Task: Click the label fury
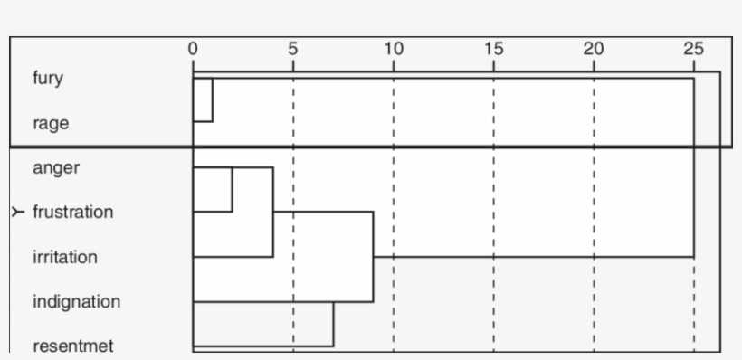pyautogui.click(x=48, y=78)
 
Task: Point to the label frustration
pyautogui.click(x=72, y=212)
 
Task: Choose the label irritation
pyautogui.click(x=63, y=257)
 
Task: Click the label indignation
pyautogui.click(x=76, y=301)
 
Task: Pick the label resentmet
pyautogui.click(x=72, y=346)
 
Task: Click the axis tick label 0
pyautogui.click(x=193, y=49)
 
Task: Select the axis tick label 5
pyautogui.click(x=293, y=49)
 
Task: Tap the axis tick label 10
pyautogui.click(x=394, y=49)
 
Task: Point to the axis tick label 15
pyautogui.click(x=494, y=49)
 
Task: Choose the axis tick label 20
pyautogui.click(x=594, y=49)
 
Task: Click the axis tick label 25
pyautogui.click(x=694, y=49)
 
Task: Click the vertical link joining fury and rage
pyautogui.click(x=212, y=99)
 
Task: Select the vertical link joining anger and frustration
pyautogui.click(x=233, y=189)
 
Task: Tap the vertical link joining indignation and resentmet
pyautogui.click(x=333, y=324)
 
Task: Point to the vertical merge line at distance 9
pyautogui.click(x=373, y=257)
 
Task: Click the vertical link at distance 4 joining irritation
pyautogui.click(x=273, y=212)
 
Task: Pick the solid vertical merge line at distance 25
pyautogui.click(x=693, y=167)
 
